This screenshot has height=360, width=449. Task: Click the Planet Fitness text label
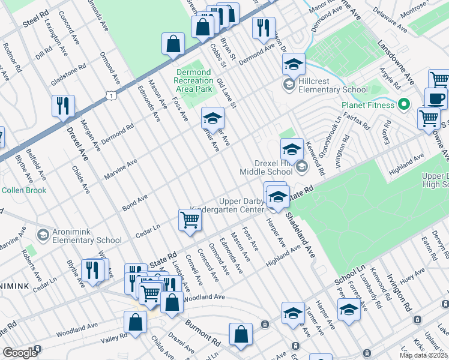pyautogui.click(x=368, y=105)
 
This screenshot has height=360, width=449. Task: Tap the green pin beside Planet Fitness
pyautogui.click(x=405, y=104)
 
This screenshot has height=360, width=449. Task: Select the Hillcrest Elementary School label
pyautogui.click(x=334, y=90)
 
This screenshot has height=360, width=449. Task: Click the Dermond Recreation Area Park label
pyautogui.click(x=194, y=80)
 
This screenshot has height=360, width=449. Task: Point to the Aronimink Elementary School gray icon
pyautogui.click(x=43, y=234)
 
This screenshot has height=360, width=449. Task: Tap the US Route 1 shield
pyautogui.click(x=110, y=94)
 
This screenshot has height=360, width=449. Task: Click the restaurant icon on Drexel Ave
pyautogui.click(x=62, y=106)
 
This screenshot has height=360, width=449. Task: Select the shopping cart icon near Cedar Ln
pyautogui.click(x=190, y=220)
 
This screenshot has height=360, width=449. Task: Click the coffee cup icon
pyautogui.click(x=436, y=98)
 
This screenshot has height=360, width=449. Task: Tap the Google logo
pyautogui.click(x=20, y=353)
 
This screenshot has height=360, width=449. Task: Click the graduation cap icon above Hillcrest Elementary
pyautogui.click(x=294, y=64)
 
